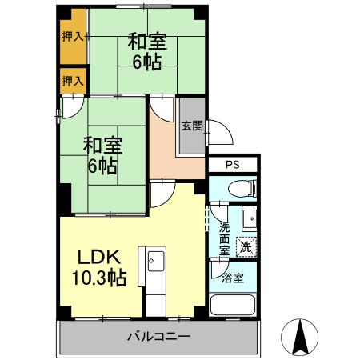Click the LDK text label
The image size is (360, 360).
pyautogui.click(x=98, y=258)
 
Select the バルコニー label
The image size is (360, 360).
pyautogui.click(x=158, y=337)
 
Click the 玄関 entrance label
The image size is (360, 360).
pyautogui.click(x=191, y=126)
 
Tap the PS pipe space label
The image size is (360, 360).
pyautogui.click(x=233, y=166)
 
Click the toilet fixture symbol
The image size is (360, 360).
pyautogui.click(x=239, y=190)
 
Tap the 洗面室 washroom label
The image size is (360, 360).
pyautogui.click(x=225, y=238)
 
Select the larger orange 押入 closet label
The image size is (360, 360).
pyautogui.click(x=72, y=36)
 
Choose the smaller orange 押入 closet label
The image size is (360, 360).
pyautogui.click(x=72, y=81)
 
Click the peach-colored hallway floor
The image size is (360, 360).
pyautogui.click(x=172, y=148)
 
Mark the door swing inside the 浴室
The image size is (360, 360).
pyautogui.click(x=218, y=272)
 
